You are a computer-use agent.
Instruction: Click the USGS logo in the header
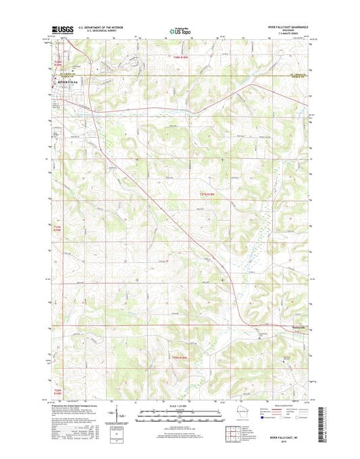[x=63, y=30]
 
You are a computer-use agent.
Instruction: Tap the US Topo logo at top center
[x=180, y=30]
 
